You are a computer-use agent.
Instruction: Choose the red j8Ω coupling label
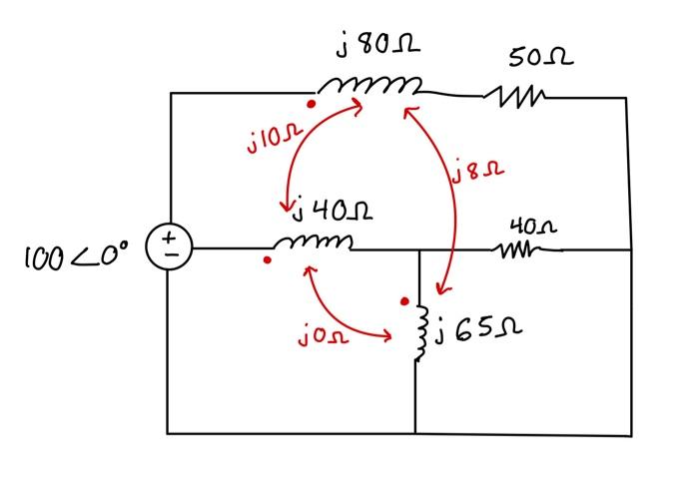tap(478, 174)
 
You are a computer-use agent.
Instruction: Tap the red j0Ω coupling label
tap(324, 338)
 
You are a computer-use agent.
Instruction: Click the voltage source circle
tap(169, 247)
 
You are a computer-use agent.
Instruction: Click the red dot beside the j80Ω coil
tap(312, 103)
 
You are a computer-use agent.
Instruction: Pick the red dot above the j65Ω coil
tap(403, 300)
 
